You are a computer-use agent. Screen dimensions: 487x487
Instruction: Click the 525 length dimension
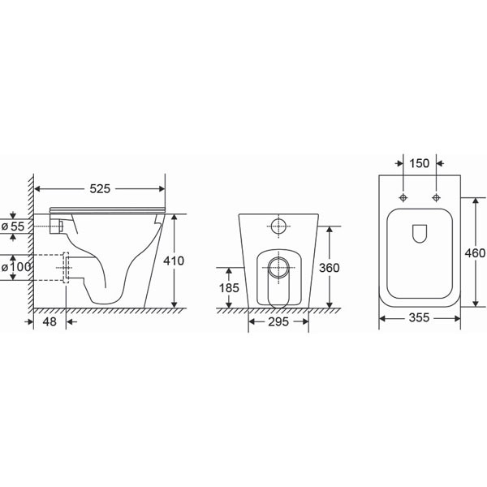[x=100, y=188]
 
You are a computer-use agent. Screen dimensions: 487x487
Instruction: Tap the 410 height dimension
[x=174, y=261]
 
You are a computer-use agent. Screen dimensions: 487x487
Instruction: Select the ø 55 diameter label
[x=13, y=226]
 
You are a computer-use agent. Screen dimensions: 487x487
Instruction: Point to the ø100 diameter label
[x=16, y=267]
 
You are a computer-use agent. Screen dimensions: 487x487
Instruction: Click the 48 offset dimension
[x=50, y=321]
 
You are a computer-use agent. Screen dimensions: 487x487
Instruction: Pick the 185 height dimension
[x=229, y=288]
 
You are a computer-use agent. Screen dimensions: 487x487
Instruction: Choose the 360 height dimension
[x=330, y=268]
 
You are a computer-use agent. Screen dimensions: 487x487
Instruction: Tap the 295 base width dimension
[x=278, y=321]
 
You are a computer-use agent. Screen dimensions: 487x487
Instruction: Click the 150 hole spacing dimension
[x=420, y=163]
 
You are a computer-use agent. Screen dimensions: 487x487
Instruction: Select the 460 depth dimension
[x=475, y=253]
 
